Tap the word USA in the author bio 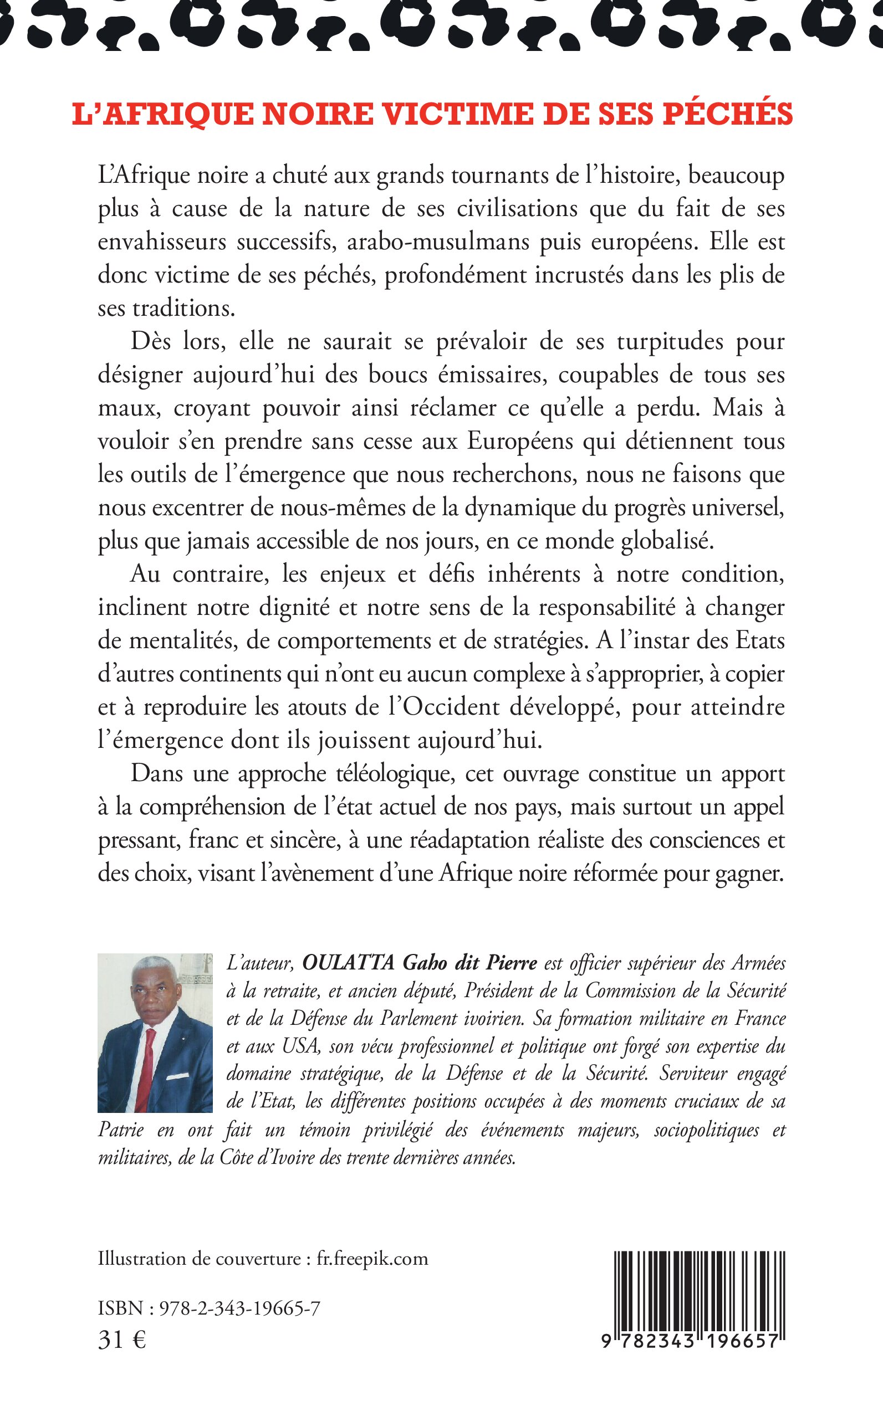point(300,1045)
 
